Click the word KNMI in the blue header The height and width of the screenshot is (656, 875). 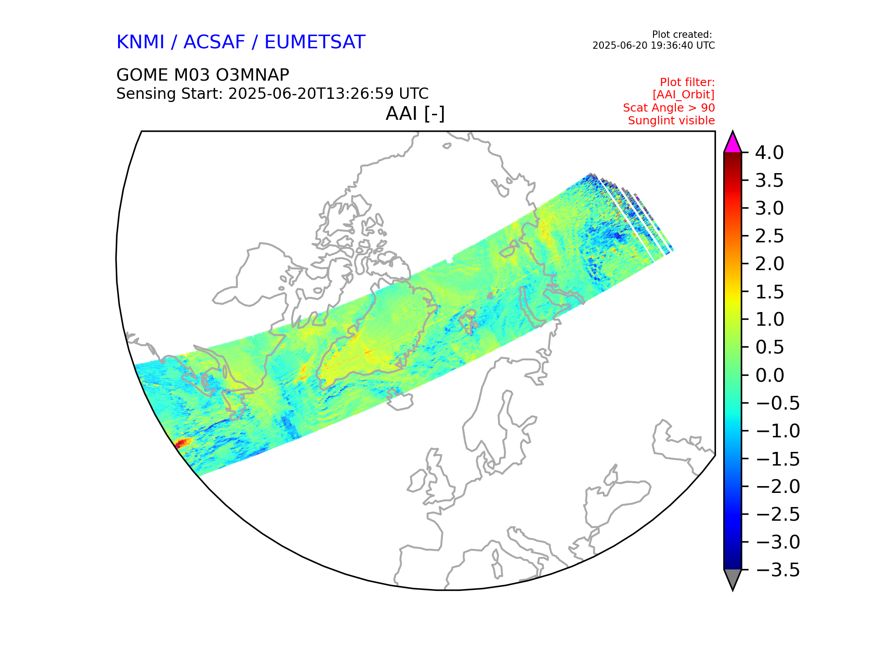[140, 42]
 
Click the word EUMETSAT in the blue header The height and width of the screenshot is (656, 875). [314, 42]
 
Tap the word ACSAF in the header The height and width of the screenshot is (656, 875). [214, 42]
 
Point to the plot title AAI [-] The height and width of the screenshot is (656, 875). [415, 113]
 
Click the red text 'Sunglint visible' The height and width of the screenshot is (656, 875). [671, 121]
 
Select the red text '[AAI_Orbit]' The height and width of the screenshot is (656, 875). [683, 95]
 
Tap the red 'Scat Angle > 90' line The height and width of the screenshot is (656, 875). [669, 108]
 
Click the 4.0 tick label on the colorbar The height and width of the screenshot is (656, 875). [769, 153]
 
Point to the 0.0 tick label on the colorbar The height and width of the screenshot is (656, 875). [769, 375]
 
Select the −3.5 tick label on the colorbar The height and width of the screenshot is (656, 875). [777, 570]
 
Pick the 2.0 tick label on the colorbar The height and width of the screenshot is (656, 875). [769, 264]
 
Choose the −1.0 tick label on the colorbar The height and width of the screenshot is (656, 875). [777, 431]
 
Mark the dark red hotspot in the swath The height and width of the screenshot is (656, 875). [182, 442]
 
